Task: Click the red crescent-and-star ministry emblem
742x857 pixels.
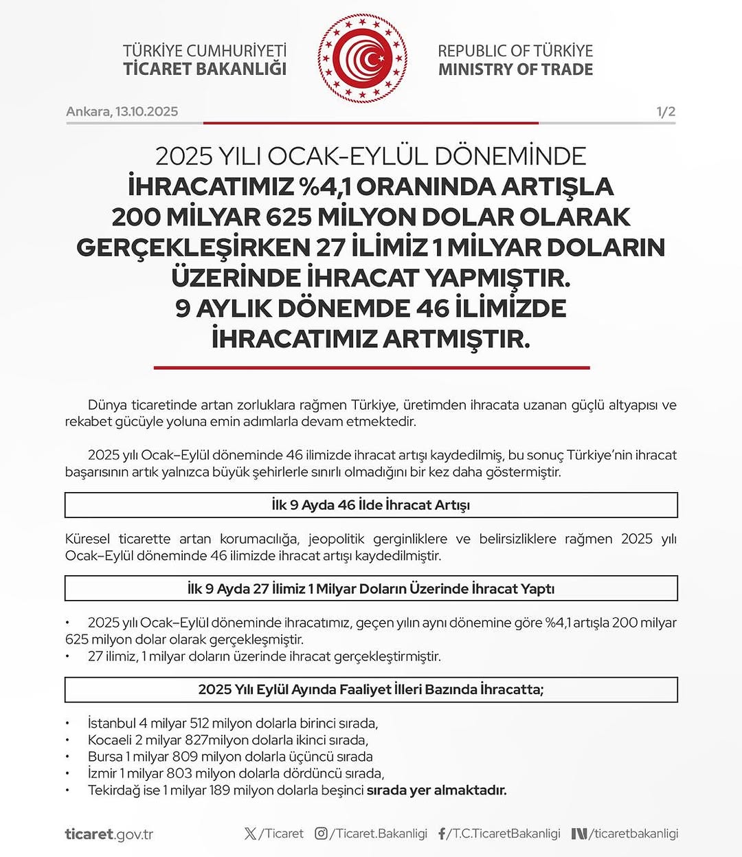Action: click(362, 59)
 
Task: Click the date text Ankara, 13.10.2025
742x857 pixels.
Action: click(122, 111)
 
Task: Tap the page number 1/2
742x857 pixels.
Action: click(666, 111)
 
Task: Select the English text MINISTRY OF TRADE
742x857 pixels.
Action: click(515, 69)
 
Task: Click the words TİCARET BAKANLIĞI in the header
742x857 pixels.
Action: click(205, 69)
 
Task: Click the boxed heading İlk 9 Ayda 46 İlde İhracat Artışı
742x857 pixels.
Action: click(371, 505)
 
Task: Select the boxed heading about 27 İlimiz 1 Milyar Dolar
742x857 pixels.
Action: click(371, 589)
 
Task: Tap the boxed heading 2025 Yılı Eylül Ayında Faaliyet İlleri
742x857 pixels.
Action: click(371, 689)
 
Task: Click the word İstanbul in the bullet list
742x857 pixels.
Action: click(111, 723)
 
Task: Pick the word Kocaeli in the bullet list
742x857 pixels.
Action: click(110, 740)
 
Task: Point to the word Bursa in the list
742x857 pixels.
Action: click(104, 757)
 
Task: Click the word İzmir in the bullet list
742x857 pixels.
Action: click(102, 773)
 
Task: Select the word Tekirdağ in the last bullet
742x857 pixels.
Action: click(114, 790)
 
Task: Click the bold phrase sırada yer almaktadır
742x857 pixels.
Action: click(436, 790)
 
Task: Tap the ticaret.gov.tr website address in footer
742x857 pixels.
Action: click(109, 834)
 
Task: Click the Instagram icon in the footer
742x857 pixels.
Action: click(321, 834)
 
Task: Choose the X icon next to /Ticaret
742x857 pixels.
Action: click(250, 834)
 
